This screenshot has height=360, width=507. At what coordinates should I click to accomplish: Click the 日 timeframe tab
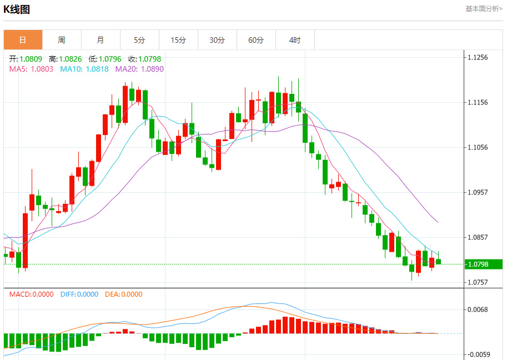pos(23,40)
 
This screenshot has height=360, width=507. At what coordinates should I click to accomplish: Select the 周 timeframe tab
pos(62,40)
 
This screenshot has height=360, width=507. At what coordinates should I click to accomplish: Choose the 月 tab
pos(101,40)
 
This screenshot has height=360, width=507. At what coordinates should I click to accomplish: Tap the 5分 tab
pos(139,40)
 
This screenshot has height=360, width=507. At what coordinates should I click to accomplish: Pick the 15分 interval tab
pos(178,40)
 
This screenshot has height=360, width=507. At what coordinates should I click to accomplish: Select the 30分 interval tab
pos(217,40)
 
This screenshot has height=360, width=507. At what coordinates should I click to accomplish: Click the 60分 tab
pos(256,40)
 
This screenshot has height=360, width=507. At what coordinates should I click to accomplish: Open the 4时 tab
pos(295,40)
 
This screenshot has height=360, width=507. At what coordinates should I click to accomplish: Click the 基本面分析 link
pos(484,8)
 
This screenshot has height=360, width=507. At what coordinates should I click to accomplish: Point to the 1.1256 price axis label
pos(478,57)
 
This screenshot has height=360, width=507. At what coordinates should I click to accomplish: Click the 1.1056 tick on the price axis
pos(478,147)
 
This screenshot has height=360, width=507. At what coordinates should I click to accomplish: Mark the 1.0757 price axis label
pos(478,282)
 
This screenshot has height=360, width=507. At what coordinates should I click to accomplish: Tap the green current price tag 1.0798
pos(478,264)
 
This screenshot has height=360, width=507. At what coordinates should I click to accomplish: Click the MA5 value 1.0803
pos(42,69)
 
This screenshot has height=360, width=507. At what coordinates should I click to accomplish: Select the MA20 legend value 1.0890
pos(152,69)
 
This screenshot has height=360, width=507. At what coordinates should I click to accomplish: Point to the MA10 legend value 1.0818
pos(97,69)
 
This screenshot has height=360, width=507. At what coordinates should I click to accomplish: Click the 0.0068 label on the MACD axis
pos(478,309)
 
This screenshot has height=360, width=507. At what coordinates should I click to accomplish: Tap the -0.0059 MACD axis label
pos(478,354)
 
